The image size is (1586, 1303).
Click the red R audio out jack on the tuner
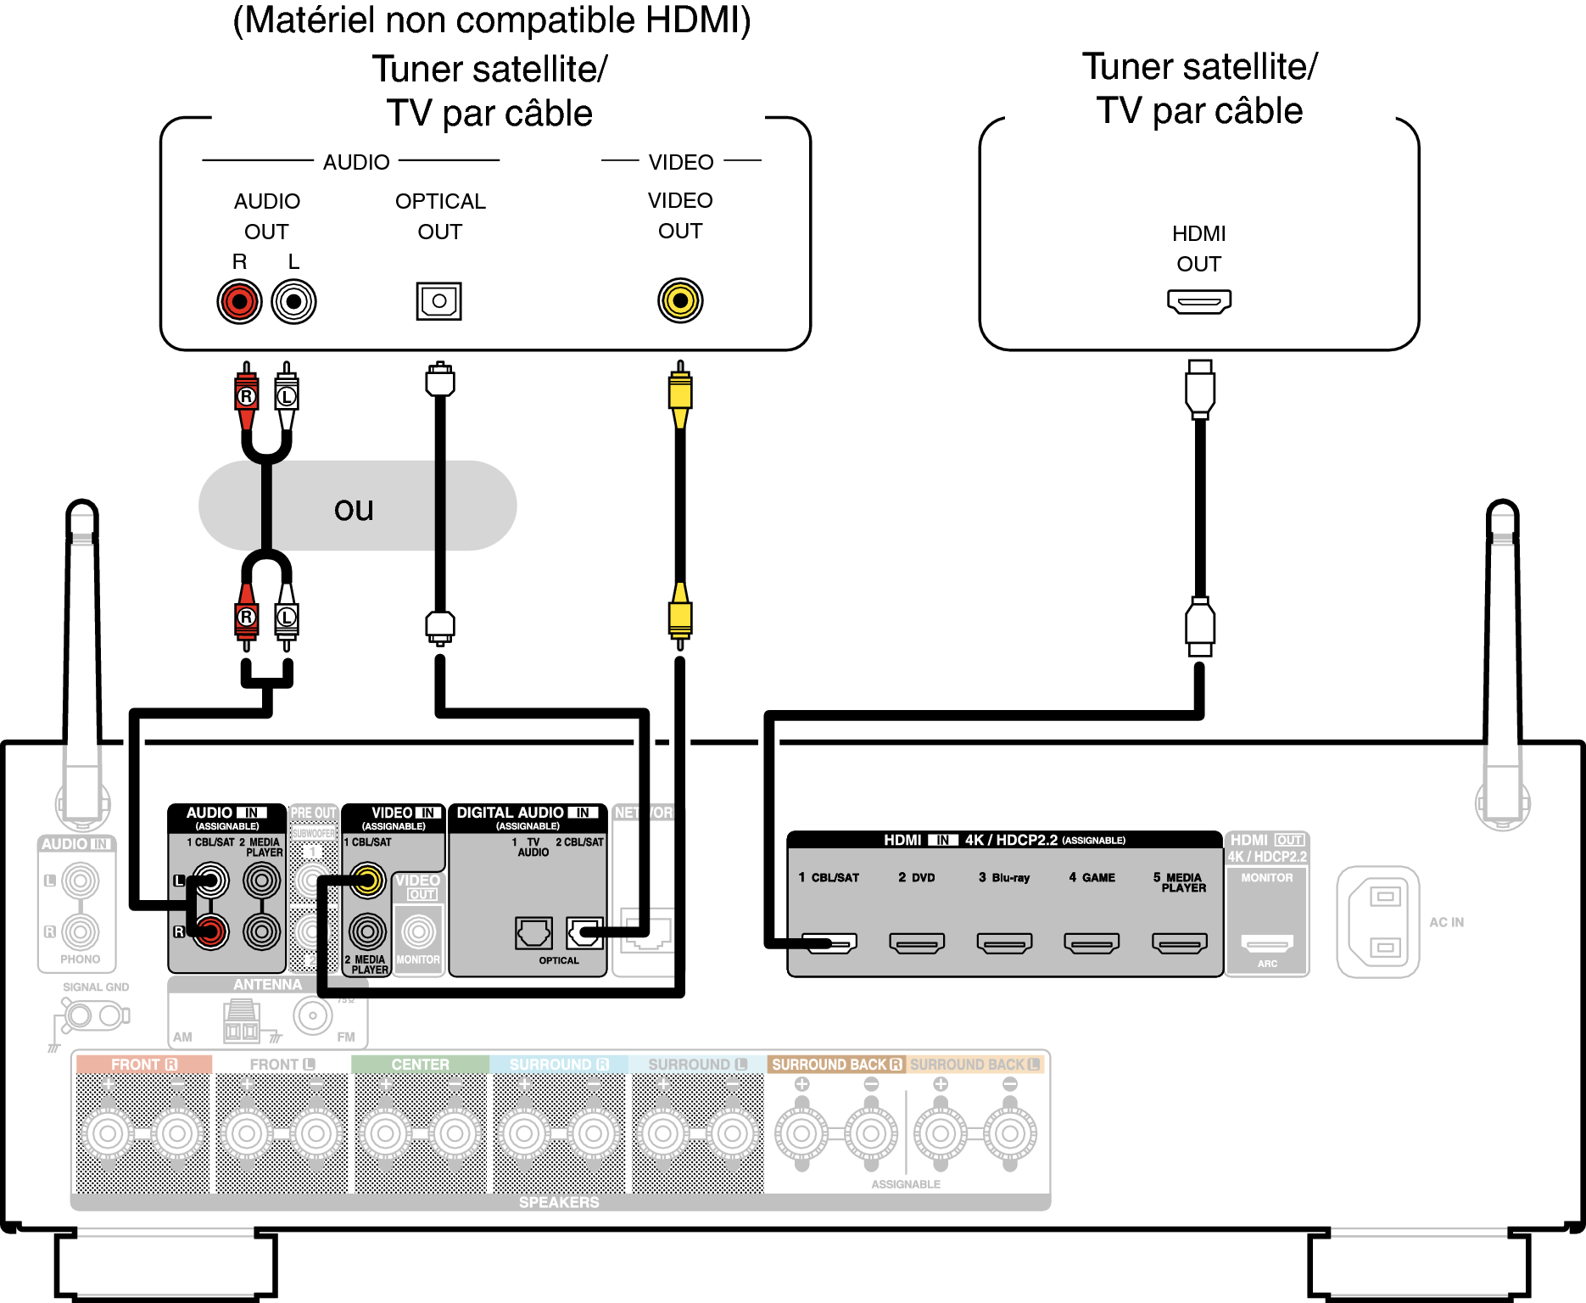tap(239, 301)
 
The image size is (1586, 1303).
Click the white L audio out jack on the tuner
tap(293, 301)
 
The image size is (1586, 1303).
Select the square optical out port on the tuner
tap(438, 301)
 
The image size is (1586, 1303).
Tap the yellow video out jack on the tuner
tap(680, 300)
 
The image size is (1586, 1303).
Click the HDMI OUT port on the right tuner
tap(1198, 301)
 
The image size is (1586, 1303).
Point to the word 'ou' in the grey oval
tap(354, 509)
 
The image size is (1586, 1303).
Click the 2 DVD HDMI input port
tap(917, 942)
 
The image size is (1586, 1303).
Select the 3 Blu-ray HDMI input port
tap(1004, 942)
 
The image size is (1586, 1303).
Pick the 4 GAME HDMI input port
tap(1092, 942)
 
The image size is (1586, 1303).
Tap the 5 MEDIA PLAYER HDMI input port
tap(1179, 942)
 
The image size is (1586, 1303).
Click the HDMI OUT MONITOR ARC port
tap(1267, 942)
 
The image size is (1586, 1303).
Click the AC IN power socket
tap(1378, 921)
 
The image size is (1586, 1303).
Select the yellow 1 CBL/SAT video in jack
tap(367, 881)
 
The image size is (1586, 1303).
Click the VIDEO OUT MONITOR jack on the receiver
tap(418, 931)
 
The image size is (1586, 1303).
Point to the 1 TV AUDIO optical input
tap(533, 933)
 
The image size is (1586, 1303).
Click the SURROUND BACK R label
tap(836, 1065)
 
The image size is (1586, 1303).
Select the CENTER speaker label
tap(420, 1065)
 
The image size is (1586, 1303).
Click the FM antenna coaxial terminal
tap(313, 1015)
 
